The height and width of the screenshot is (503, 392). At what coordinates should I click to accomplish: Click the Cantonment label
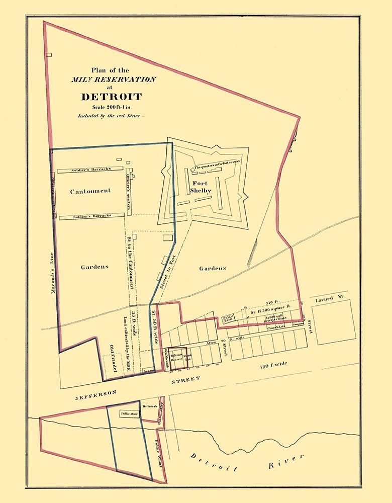coord(90,191)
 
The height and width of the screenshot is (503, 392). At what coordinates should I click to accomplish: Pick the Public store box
coord(129,414)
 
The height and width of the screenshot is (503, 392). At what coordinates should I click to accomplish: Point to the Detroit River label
coord(246,463)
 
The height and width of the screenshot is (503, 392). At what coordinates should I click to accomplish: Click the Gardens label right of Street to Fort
coord(212,268)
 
